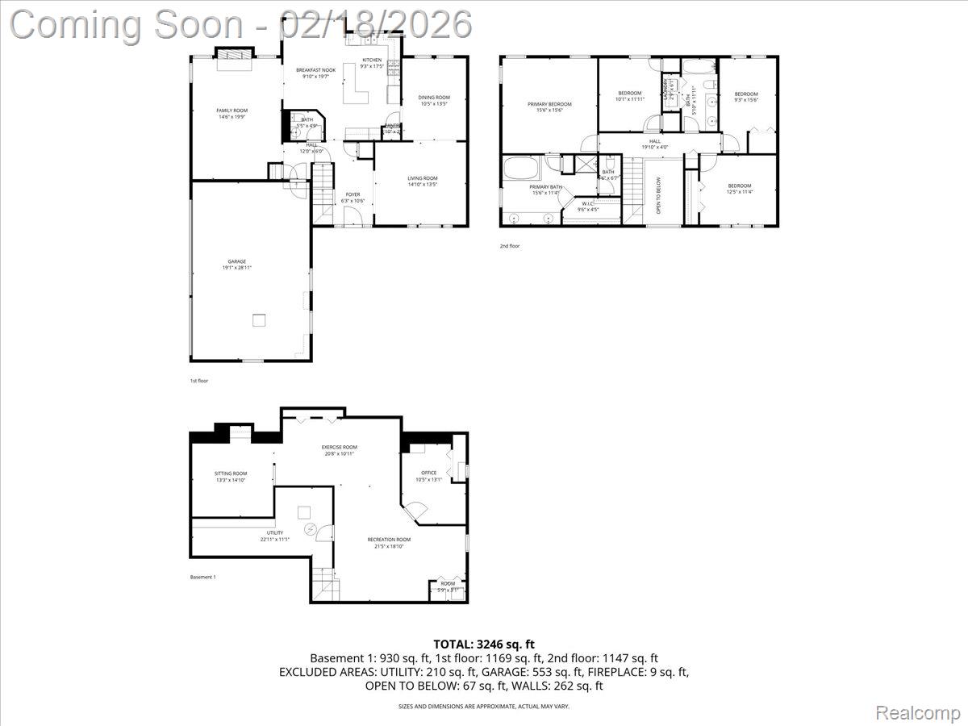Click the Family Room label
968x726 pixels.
tap(232, 111)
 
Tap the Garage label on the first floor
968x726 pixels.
tap(236, 261)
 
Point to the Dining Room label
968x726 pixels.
tap(434, 98)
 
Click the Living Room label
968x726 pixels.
tap(422, 178)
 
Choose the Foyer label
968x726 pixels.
tap(353, 194)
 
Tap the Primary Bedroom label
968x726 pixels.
tap(549, 104)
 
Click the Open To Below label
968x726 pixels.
tap(659, 194)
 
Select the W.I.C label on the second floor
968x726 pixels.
tap(587, 204)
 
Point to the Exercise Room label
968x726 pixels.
tap(339, 447)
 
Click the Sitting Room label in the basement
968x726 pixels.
tap(231, 474)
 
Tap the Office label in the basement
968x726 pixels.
tap(428, 473)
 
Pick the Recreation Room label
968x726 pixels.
tap(389, 540)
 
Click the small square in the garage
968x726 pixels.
tap(258, 319)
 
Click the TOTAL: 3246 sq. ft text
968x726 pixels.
tap(484, 644)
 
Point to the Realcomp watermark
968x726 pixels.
tap(918, 712)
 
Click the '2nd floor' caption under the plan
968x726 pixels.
tap(509, 246)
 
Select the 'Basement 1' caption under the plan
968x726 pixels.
tap(202, 577)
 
